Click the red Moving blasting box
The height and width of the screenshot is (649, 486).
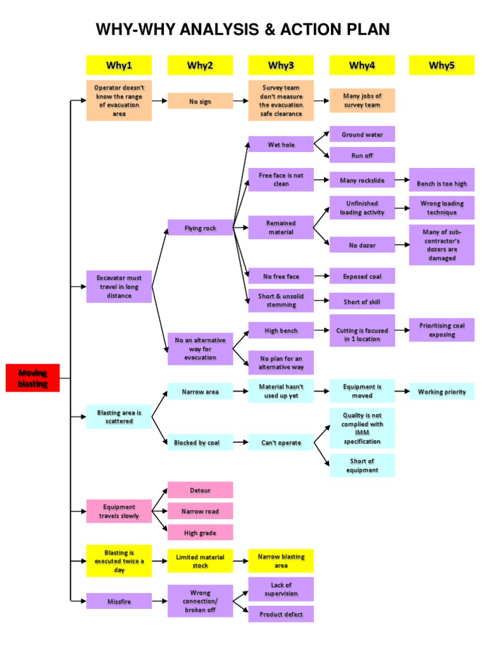pos(32,378)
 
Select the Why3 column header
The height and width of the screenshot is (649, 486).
pos(281,65)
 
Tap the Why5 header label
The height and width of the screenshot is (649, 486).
pos(442,65)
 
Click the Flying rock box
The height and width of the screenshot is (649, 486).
pos(200,228)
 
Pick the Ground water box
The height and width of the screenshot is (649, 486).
pos(362,134)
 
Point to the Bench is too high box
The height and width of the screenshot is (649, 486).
pos(442,184)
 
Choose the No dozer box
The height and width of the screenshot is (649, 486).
pos(362,244)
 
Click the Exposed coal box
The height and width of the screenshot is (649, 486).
pos(362,276)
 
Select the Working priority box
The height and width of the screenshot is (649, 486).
pos(442,392)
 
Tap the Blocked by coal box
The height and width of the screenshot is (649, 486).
pos(200,442)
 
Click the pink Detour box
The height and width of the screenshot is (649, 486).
pos(200,490)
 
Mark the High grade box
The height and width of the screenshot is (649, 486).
pos(200,532)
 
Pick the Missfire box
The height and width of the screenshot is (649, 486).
pos(119,601)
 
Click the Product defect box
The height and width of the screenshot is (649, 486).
pos(281,614)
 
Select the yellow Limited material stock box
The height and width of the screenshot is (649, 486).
pos(200,561)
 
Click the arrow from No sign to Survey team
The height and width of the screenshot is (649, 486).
pos(240,101)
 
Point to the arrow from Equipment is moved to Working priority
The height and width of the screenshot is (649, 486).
pos(402,392)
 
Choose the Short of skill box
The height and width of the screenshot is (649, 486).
pos(362,301)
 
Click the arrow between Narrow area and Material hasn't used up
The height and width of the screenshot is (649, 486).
pos(240,392)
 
